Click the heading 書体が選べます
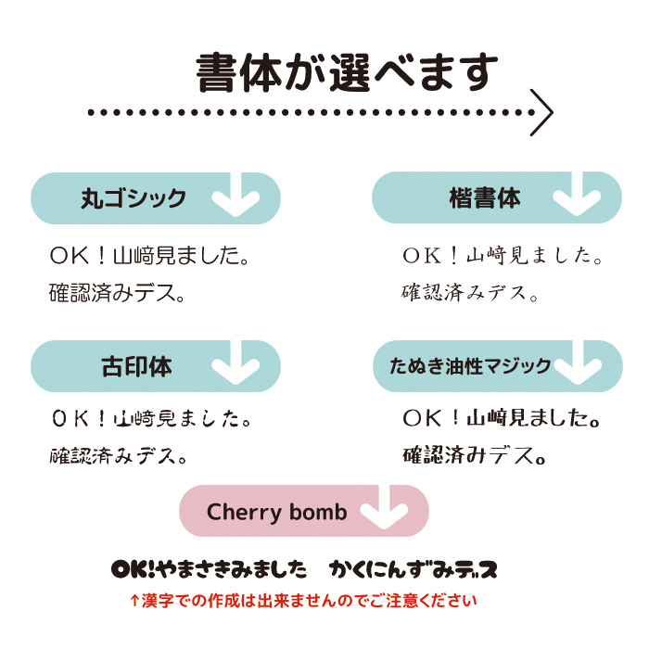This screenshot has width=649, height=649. [347, 72]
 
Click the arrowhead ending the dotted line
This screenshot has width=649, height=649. [542, 113]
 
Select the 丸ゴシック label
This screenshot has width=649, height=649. [134, 198]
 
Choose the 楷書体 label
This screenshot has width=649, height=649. [484, 198]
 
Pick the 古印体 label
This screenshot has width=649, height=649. [136, 366]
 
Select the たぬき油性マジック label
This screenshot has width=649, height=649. [469, 366]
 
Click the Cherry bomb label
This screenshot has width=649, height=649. [276, 512]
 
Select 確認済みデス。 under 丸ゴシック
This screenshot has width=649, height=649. [118, 294]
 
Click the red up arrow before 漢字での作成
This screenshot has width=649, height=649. [134, 601]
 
